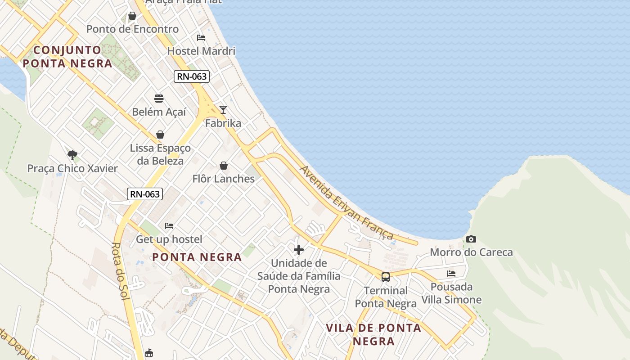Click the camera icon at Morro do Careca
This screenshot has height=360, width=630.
coord(471,239)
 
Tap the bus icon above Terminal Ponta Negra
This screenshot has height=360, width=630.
coord(386,277)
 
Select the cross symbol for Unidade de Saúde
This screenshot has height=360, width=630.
coord(298,250)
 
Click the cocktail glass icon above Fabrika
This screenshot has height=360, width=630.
coord(223,109)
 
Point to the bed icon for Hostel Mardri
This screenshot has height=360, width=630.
coord(201,37)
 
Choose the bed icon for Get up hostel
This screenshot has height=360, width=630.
coord(169,225)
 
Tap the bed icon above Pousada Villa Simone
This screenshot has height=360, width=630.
coord(451,273)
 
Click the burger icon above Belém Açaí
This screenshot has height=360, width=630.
coord(158,98)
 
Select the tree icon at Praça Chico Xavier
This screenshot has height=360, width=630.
coord(72,155)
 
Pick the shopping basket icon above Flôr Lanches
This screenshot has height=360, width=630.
coord(223,166)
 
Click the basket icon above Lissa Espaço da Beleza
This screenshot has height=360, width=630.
coord(160,134)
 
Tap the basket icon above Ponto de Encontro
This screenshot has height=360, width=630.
coord(132,16)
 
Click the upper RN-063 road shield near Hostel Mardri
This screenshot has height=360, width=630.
coord(192,76)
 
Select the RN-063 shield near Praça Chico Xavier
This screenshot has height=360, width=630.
coord(145,194)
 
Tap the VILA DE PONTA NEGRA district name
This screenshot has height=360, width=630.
coord(373,334)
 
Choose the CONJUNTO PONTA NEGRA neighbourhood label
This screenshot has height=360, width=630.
coord(67,57)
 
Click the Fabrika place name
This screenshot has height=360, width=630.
coord(223,123)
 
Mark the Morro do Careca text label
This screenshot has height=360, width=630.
coord(471,252)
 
